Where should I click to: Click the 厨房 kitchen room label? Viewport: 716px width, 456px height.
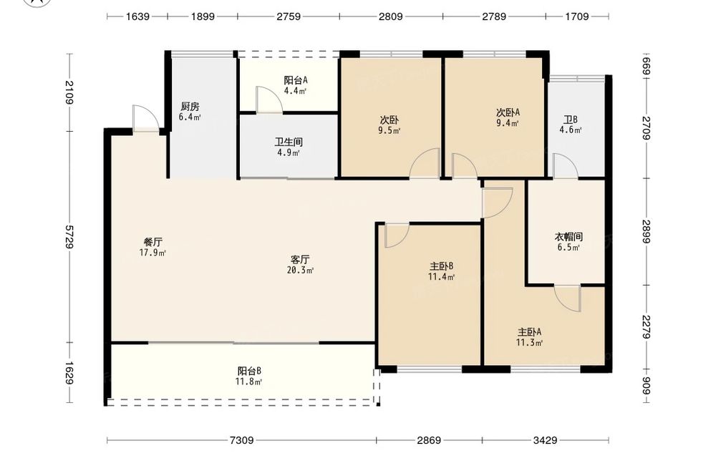pos(190,107)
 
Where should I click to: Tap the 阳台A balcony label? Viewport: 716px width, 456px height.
pos(296,80)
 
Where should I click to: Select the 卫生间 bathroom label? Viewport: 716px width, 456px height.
pos(289,142)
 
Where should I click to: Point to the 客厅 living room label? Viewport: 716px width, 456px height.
pos(300,260)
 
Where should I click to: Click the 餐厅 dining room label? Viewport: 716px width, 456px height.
pos(153,243)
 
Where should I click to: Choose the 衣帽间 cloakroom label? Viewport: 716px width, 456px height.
pos(569,237)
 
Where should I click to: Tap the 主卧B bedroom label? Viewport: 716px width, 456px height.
pos(441,266)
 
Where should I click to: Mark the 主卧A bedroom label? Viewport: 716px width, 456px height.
pos(529,332)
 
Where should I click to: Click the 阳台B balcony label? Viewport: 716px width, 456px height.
pos(249,371)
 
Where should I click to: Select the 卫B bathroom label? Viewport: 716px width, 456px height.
pos(571,120)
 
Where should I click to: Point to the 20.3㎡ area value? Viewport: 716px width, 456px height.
pos(300,270)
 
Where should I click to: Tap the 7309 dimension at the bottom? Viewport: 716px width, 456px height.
pos(241,440)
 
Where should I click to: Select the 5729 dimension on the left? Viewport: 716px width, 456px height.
pos(69,236)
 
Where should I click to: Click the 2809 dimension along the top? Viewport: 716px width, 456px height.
pos(391,16)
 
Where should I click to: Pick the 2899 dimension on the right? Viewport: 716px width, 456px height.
pos(646,231)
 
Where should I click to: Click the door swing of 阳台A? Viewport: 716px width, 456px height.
pos(269,99)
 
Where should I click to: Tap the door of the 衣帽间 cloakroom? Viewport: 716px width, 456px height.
pos(568,299)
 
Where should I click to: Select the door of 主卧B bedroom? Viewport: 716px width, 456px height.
pos(397,236)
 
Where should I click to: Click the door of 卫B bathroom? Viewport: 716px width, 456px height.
pos(566,166)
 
